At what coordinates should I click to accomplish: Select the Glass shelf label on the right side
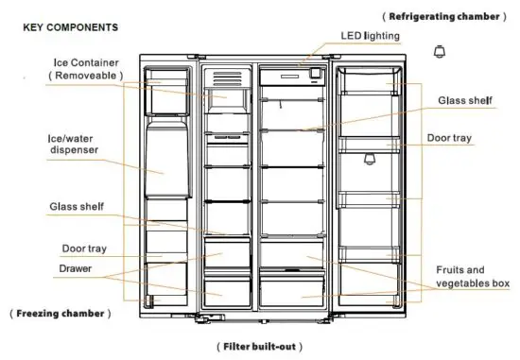pyautogui.click(x=464, y=100)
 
